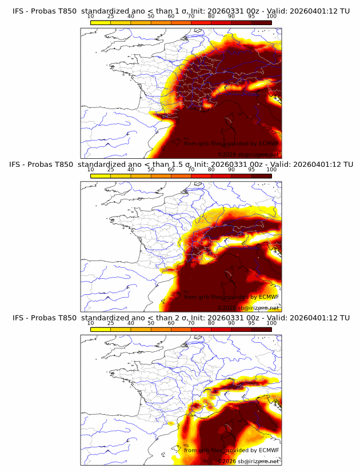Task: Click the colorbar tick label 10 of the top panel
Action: tap(90, 17)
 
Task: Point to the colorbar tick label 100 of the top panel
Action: tap(271, 17)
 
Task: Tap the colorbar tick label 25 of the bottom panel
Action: tap(110, 323)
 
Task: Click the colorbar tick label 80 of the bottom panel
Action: tap(211, 323)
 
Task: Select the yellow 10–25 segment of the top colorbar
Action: tap(101, 22)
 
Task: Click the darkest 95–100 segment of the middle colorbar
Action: tap(262, 176)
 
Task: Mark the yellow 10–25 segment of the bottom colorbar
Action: tap(101, 330)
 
